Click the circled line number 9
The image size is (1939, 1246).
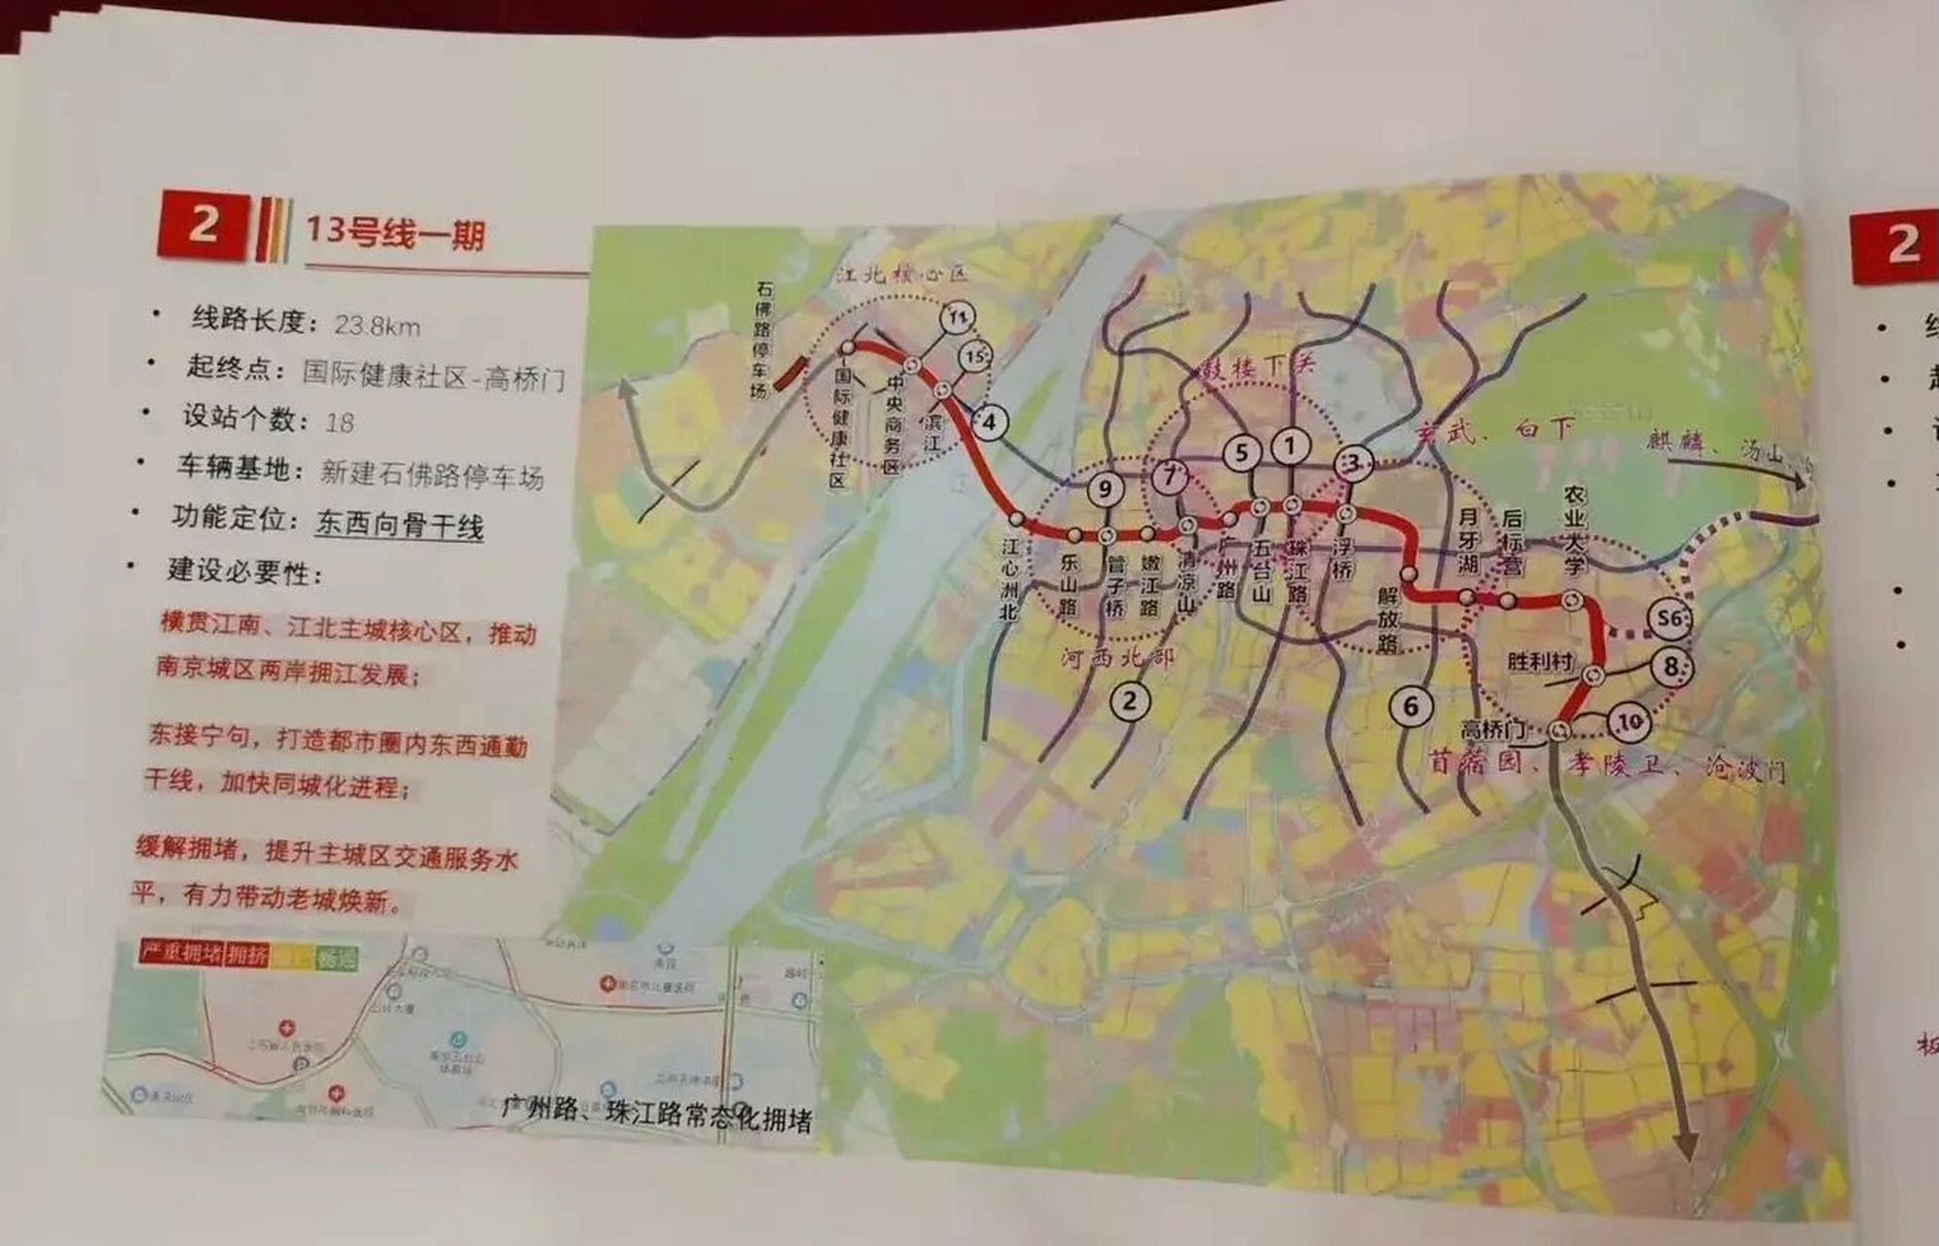[x=1105, y=489]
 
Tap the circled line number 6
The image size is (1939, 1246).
[x=1411, y=706]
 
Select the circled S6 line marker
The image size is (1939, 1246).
[x=1670, y=617]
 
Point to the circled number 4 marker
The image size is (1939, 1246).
[x=989, y=422]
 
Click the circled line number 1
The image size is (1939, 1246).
[x=1291, y=447]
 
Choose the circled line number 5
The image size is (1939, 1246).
[x=1242, y=452]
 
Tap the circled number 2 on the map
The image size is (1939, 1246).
[x=1130, y=700]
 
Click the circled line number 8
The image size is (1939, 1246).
[x=1671, y=667]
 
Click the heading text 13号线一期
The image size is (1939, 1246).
[x=394, y=234]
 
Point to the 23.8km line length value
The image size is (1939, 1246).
[x=378, y=325]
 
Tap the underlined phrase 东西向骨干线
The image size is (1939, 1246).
[x=399, y=526]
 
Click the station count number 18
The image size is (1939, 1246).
[x=340, y=421]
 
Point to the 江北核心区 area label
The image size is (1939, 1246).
[x=902, y=275]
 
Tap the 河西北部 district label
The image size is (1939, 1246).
[x=1117, y=659]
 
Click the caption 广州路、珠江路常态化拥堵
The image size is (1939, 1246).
[x=656, y=1115]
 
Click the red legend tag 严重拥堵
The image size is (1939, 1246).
[x=182, y=952]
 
